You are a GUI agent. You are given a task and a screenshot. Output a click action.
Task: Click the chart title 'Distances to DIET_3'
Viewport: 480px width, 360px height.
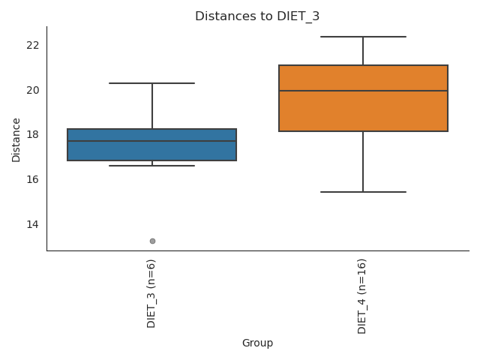pyautogui.click(x=257, y=16)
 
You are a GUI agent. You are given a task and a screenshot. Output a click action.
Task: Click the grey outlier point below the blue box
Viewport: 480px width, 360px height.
pyautogui.click(x=152, y=241)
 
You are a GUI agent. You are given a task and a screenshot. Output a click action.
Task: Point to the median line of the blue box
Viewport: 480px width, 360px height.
pyautogui.click(x=151, y=141)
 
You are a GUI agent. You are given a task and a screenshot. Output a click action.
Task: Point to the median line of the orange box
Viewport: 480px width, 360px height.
pyautogui.click(x=363, y=91)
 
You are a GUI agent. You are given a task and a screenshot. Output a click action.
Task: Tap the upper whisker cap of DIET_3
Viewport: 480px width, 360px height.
pyautogui.click(x=151, y=83)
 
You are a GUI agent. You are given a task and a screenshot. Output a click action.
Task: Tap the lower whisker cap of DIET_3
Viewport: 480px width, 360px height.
pyautogui.click(x=151, y=166)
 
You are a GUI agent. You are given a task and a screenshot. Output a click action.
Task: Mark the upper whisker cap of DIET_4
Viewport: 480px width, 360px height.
pyautogui.click(x=363, y=37)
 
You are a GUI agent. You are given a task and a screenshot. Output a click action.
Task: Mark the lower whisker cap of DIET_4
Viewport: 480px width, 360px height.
pyautogui.click(x=363, y=192)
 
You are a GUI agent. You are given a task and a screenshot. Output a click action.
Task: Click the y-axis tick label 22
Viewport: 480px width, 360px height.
pyautogui.click(x=32, y=45)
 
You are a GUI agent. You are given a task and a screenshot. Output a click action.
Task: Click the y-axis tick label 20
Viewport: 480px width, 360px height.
pyautogui.click(x=32, y=90)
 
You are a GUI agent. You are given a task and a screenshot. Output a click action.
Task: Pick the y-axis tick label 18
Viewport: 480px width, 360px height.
pyautogui.click(x=32, y=135)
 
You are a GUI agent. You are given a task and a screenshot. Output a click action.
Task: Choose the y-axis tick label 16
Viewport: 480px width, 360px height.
pyautogui.click(x=32, y=179)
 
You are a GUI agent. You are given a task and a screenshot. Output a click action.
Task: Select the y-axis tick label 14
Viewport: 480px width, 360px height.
pyautogui.click(x=32, y=224)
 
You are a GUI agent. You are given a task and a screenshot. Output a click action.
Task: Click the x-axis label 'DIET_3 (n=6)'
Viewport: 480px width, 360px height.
pyautogui.click(x=151, y=293)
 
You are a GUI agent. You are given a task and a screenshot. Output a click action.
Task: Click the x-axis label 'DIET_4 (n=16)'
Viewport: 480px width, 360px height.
pyautogui.click(x=363, y=295)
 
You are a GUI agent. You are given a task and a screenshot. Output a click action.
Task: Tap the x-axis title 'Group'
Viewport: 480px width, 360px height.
pyautogui.click(x=257, y=343)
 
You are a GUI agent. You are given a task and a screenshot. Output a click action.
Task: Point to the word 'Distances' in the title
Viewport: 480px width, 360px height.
pyautogui.click(x=219, y=16)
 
